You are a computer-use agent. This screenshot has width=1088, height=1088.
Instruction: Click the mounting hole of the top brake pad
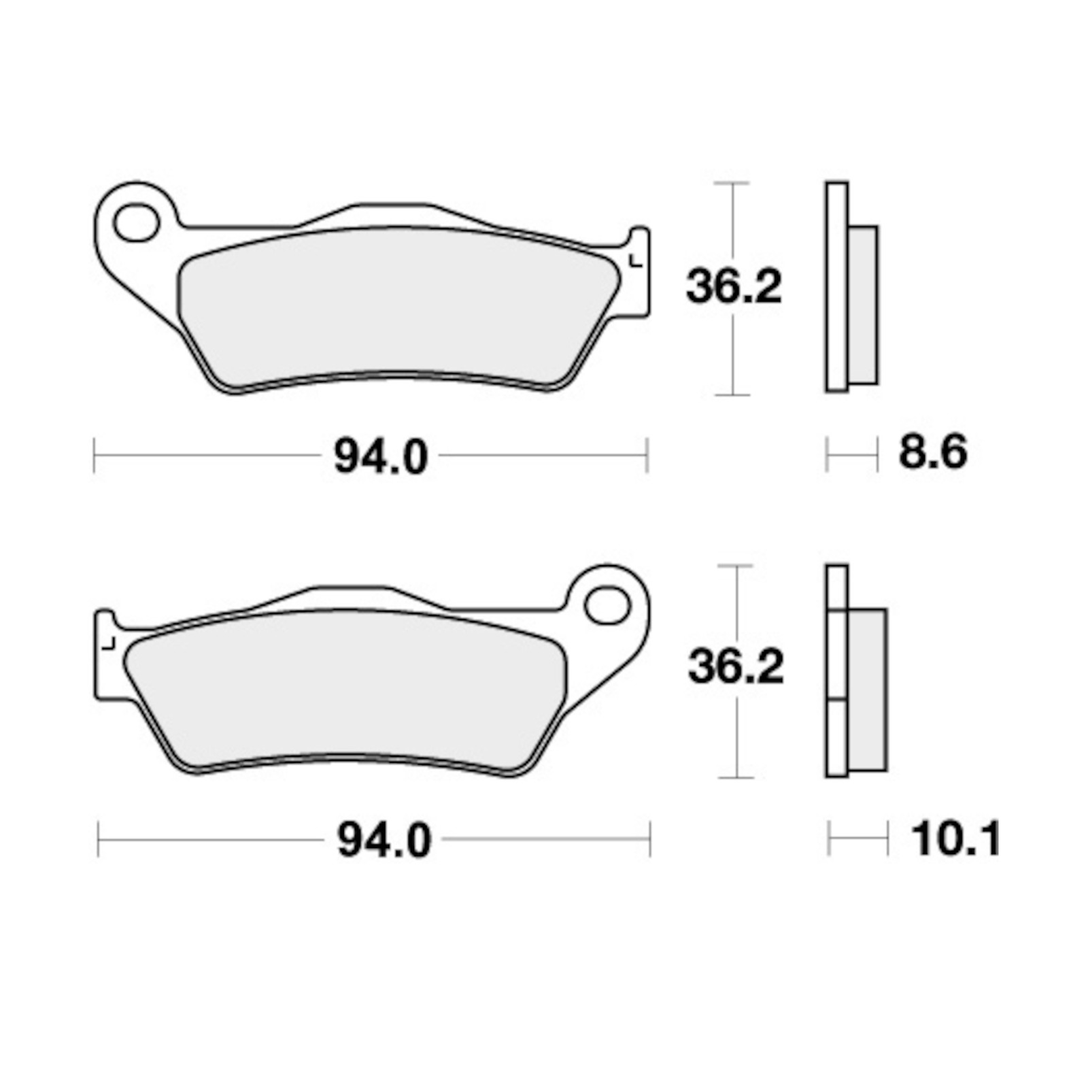point(137,224)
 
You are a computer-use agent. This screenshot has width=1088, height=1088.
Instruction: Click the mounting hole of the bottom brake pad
point(607,606)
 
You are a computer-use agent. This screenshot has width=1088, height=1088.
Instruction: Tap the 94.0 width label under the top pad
point(381,456)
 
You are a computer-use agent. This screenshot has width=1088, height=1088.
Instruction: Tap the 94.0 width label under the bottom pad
point(384,840)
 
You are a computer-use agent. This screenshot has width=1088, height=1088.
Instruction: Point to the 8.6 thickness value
point(933,452)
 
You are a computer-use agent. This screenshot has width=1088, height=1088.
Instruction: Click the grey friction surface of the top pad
point(398,309)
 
